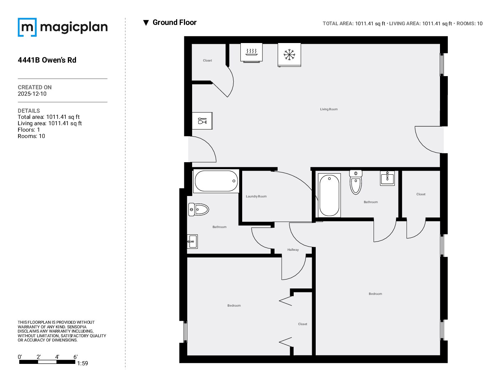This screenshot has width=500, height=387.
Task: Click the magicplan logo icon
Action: pos(27,27)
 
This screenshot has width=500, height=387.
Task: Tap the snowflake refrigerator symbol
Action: pos(289,55)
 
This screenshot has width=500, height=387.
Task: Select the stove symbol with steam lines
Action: pos(251,53)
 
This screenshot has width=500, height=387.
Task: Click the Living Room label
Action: pos(328,109)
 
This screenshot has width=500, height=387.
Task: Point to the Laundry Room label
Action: pos(256,196)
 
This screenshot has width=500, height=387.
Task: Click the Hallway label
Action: pos(293,250)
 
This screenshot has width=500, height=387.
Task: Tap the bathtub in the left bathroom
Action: pos(216,181)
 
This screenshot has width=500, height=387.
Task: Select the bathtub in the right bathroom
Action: pos(329,196)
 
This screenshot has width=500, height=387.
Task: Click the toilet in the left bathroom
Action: pos(199,210)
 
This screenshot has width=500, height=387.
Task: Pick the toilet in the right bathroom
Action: pos(356,182)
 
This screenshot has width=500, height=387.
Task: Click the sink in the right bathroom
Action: pos(387,178)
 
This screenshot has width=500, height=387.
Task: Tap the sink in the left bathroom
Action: pos(192,241)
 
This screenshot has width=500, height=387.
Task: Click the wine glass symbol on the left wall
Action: pos(202,121)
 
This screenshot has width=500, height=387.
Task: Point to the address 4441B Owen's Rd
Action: pos(47,60)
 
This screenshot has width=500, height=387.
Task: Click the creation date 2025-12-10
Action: pos(32,94)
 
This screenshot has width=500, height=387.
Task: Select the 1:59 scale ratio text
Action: pos(83,363)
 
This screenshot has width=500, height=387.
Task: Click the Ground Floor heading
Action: pos(174,22)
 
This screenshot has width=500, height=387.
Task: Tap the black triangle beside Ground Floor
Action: pos(146,23)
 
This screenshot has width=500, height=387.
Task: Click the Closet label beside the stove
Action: pos(207,60)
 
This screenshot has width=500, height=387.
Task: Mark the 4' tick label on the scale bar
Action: pos(57,357)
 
